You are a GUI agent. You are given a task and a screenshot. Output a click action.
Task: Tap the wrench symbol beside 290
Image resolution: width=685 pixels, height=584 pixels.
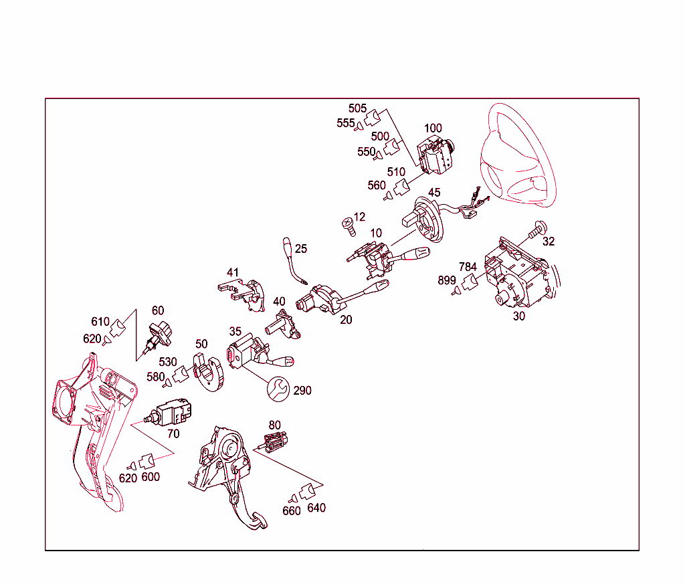pos(278,389)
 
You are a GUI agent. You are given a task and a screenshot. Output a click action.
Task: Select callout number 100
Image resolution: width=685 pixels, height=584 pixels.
pos(433,128)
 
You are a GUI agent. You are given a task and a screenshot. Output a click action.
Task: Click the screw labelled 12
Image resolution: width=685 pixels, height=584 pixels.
pos(349,227)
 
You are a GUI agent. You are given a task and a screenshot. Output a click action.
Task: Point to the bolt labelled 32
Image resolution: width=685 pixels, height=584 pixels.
pos(537,229)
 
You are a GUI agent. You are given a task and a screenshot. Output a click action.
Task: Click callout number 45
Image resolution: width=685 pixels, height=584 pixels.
pos(434,192)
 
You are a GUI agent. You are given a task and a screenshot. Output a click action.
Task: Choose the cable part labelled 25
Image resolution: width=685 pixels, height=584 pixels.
pos(294,261)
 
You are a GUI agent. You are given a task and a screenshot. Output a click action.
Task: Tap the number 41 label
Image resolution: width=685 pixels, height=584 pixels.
pos(233,272)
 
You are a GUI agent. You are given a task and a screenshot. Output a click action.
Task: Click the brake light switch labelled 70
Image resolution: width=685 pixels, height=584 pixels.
pos(168,412)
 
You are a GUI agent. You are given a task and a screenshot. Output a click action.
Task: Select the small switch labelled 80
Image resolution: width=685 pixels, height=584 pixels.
pos(274,442)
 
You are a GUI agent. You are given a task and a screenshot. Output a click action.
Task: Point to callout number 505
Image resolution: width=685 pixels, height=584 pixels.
pos(357,108)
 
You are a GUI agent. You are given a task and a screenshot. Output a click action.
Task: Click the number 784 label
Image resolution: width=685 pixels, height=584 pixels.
pos(468,266)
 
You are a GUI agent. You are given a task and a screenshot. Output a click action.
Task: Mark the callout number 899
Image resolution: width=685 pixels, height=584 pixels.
pos(447,280)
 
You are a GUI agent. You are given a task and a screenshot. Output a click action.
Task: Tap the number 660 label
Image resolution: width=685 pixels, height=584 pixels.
pos(292,510)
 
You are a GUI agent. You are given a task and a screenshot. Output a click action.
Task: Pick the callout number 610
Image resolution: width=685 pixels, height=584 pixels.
pos(100,322)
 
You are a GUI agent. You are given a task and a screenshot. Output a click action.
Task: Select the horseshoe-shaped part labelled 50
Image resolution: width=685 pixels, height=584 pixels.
pos(209,373)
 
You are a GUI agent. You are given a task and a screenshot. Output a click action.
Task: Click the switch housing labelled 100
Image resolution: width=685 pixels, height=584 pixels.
pos(435,157)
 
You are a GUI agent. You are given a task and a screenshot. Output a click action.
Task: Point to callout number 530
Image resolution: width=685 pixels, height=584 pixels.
pos(168,362)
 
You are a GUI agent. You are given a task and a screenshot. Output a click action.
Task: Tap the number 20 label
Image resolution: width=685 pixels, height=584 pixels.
pos(346,320)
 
